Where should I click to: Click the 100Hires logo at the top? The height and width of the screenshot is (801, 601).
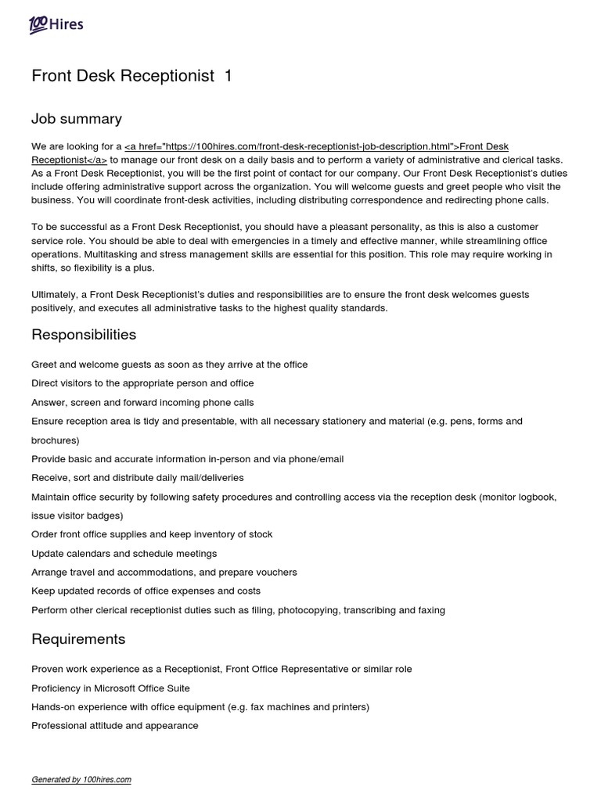56,25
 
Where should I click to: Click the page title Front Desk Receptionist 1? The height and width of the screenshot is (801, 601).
131,76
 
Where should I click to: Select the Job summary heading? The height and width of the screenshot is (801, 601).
77,119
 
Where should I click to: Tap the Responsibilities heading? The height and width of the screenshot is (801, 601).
84,335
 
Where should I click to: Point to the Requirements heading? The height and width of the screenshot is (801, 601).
78,639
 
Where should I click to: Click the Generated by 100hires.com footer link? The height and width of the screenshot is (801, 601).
81,780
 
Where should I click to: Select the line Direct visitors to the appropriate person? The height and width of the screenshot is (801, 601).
142,383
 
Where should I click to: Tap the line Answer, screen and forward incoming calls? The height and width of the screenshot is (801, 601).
142,402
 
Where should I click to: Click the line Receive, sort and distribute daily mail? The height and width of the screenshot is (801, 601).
138,477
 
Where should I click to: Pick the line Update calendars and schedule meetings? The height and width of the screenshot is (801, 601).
124,553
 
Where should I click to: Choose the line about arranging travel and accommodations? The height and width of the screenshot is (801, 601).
164,572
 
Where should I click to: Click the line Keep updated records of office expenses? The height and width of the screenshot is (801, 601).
146,591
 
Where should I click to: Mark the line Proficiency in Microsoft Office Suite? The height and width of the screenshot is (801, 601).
110,688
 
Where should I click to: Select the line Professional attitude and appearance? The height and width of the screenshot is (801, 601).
115,726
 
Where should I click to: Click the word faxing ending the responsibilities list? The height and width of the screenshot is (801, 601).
429,610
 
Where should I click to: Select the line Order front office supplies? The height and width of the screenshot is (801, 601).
152,534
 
